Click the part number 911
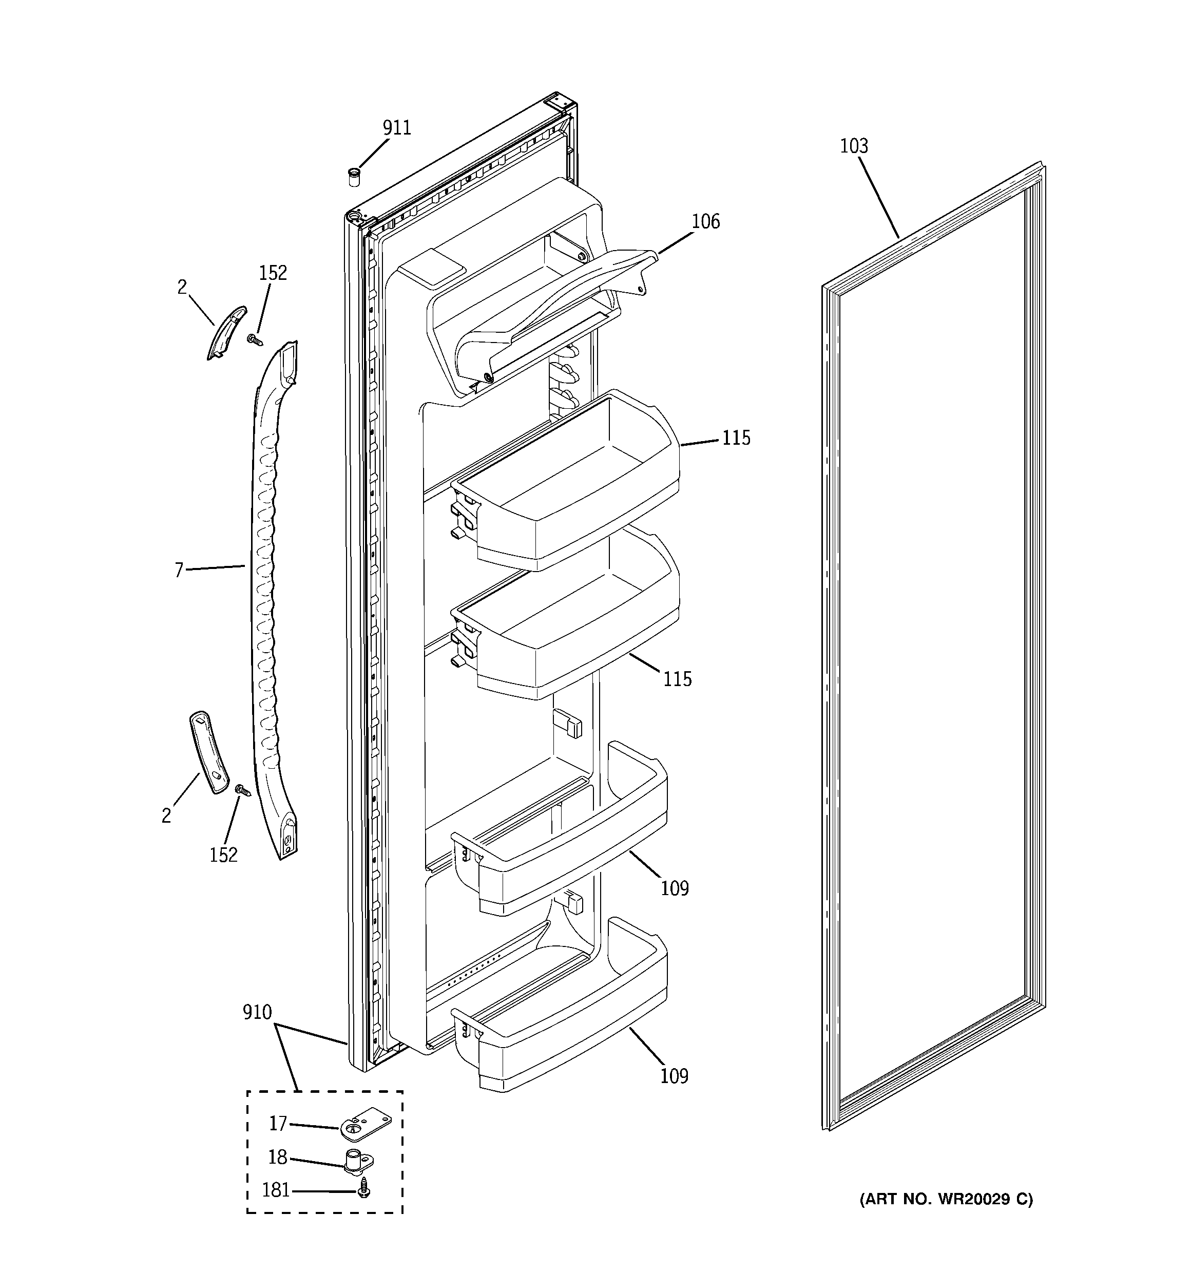(x=396, y=128)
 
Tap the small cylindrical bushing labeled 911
(x=353, y=177)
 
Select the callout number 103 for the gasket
(x=853, y=146)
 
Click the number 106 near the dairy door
(x=705, y=222)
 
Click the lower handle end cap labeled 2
(x=208, y=751)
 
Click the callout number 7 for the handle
(x=179, y=570)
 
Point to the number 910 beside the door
(x=257, y=1012)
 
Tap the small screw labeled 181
(x=364, y=1190)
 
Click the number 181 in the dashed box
(x=276, y=1190)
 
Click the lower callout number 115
(x=677, y=679)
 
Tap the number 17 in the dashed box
(x=277, y=1123)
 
